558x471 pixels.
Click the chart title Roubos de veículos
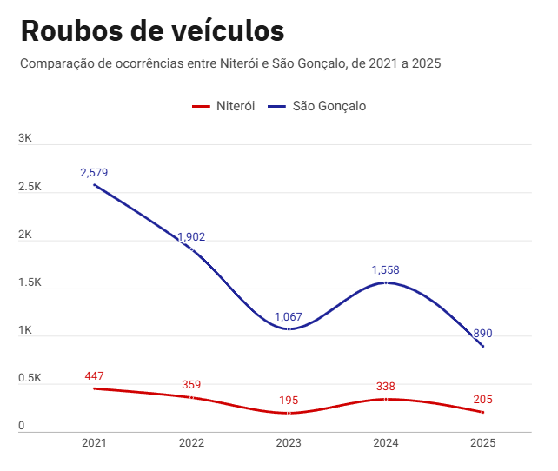(x=152, y=30)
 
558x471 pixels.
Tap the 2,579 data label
(x=94, y=173)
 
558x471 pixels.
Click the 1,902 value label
(x=191, y=237)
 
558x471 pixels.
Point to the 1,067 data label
(x=289, y=317)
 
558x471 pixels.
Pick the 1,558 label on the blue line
(x=386, y=270)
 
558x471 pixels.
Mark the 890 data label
(x=483, y=334)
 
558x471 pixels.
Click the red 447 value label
(x=94, y=376)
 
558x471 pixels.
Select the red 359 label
(x=191, y=385)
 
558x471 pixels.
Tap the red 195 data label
(x=289, y=401)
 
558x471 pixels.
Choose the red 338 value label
(x=386, y=387)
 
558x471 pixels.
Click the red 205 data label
(x=483, y=400)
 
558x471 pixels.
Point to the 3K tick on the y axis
(x=25, y=139)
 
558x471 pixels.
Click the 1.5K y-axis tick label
(x=30, y=283)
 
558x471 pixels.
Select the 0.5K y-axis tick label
(x=30, y=379)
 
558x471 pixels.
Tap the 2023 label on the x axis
(x=289, y=443)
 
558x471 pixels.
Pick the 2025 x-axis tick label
(x=483, y=443)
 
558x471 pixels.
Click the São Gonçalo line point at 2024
(x=386, y=282)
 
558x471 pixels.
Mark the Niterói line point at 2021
(x=94, y=388)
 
